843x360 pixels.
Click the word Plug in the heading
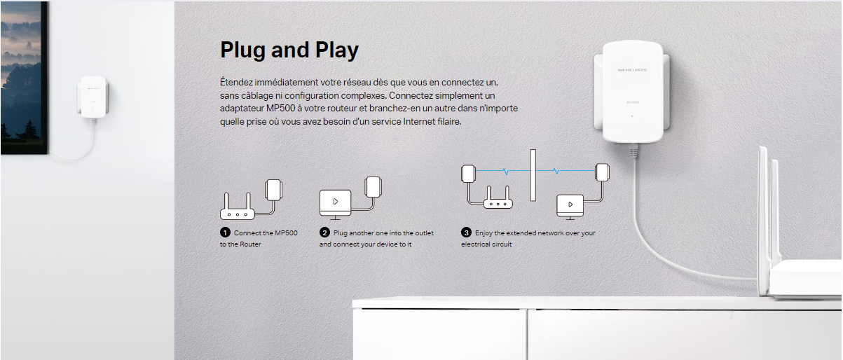(x=242, y=50)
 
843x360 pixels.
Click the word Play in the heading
(x=337, y=50)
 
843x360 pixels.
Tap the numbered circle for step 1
(x=225, y=233)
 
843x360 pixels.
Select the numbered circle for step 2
(x=324, y=233)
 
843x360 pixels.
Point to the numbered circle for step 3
(x=466, y=233)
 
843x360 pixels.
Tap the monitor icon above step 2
(x=336, y=205)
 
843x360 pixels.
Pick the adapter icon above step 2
(x=373, y=187)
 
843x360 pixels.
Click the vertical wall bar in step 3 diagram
(x=533, y=175)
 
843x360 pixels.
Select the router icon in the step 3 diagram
(x=498, y=198)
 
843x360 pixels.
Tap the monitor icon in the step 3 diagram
(x=570, y=207)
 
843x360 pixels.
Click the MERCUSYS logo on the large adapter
(x=632, y=70)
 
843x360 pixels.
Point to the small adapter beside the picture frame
(x=93, y=97)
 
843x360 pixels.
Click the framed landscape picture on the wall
(x=24, y=78)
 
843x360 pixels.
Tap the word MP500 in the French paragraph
(x=281, y=109)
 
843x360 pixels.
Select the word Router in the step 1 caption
(x=250, y=244)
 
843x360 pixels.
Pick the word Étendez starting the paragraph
(x=236, y=82)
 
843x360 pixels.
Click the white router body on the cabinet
(x=804, y=278)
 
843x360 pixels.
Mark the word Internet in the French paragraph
(x=419, y=121)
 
